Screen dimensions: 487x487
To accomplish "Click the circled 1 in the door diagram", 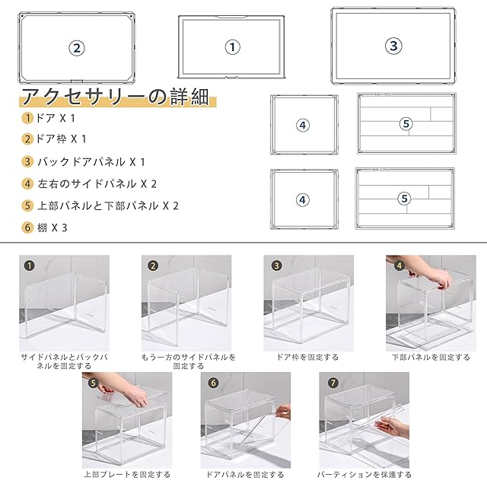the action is (232, 47).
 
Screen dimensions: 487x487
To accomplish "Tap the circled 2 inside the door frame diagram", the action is (77, 48).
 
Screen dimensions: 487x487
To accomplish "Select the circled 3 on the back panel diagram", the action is (393, 46).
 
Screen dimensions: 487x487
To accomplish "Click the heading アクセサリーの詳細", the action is (116, 97).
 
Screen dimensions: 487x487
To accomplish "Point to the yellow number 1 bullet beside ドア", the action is (27, 118).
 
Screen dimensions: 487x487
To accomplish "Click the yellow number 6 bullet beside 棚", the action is (27, 228).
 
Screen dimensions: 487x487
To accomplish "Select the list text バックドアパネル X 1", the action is (91, 162).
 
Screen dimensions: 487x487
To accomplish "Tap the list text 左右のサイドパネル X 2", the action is (97, 184).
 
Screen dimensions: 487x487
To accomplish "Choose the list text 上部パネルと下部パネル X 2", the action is (108, 205).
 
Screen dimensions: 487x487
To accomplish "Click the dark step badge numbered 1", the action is (29, 266).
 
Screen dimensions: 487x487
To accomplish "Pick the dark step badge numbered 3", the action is (276, 266).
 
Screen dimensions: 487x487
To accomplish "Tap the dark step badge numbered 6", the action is (213, 383).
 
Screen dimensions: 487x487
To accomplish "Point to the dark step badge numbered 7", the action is (333, 383).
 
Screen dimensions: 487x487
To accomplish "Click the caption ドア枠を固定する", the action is (307, 357).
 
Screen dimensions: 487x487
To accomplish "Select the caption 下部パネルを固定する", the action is (431, 357).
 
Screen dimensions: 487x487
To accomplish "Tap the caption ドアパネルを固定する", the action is (245, 474).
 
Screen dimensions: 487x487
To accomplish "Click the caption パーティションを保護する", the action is (364, 474).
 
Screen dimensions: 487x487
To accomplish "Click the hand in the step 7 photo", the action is (392, 427).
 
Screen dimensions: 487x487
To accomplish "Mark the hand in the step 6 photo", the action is (283, 412).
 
